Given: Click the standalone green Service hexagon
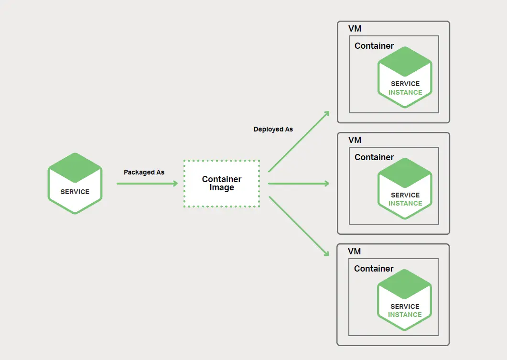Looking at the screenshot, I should click(75, 183).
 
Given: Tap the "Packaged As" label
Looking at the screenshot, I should click(144, 172).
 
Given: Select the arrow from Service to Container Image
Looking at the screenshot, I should click(147, 184).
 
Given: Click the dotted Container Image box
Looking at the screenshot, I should click(222, 184).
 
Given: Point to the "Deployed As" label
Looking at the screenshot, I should click(273, 129).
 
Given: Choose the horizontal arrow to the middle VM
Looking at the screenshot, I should click(299, 184).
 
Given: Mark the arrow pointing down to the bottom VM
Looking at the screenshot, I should click(299, 226).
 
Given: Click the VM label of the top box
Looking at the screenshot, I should click(355, 29).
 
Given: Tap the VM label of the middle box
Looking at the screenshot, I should click(355, 140).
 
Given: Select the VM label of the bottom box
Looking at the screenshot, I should click(355, 251).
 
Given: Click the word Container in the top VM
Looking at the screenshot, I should click(374, 46).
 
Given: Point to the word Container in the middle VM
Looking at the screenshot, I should click(374, 157).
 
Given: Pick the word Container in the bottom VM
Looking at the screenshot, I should click(374, 269).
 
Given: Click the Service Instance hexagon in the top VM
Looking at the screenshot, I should click(405, 77).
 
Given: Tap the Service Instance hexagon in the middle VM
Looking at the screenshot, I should click(405, 188).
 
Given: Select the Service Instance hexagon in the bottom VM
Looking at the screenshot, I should click(404, 300).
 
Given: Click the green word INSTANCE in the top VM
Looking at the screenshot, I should click(405, 92).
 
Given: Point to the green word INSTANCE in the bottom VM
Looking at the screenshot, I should click(405, 315).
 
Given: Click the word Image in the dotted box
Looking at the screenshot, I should click(222, 188).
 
